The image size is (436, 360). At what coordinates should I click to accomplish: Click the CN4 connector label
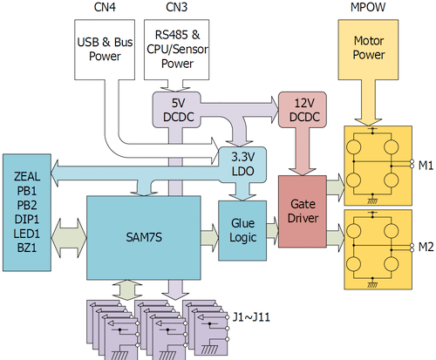point(105,7)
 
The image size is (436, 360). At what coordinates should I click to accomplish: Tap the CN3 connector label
point(176,7)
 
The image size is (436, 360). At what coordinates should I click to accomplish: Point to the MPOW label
point(368,7)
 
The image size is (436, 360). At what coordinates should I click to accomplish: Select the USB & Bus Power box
point(105,50)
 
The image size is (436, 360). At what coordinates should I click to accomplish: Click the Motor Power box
point(368,50)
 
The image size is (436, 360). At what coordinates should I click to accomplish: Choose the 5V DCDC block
point(177,110)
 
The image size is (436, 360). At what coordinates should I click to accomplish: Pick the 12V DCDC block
point(303,110)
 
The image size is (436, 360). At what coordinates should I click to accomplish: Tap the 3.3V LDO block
point(242,165)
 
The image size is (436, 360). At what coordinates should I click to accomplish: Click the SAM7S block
point(144,238)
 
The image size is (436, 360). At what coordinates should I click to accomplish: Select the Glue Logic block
point(242,230)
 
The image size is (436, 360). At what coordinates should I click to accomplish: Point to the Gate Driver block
point(303,211)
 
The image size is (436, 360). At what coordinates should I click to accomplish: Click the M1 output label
point(426,166)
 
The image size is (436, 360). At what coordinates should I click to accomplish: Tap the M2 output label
point(426,247)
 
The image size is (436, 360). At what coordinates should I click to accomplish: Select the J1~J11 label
point(251,316)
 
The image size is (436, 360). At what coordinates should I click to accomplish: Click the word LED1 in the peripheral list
point(27,234)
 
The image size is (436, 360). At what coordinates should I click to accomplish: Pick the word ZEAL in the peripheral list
point(27,177)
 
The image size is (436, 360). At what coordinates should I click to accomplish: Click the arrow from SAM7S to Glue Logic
point(209,237)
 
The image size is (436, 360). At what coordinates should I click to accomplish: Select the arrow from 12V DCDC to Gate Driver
point(303,152)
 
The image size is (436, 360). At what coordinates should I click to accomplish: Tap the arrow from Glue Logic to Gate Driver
point(273,230)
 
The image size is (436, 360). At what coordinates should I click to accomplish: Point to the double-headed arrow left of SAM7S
point(69,238)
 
